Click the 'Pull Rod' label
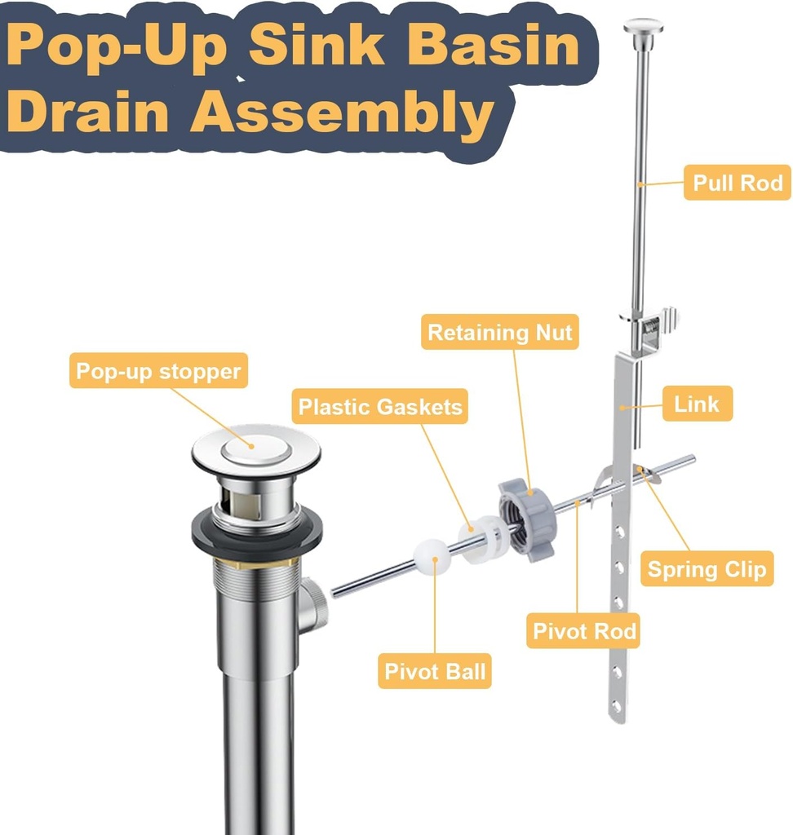737,183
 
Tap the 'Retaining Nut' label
499,333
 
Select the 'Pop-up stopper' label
158,372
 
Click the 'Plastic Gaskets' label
379,407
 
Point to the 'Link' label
696,404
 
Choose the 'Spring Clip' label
706,568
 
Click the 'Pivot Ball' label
435,672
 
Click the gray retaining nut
526,520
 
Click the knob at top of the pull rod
643,26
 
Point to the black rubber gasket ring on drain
256,536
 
